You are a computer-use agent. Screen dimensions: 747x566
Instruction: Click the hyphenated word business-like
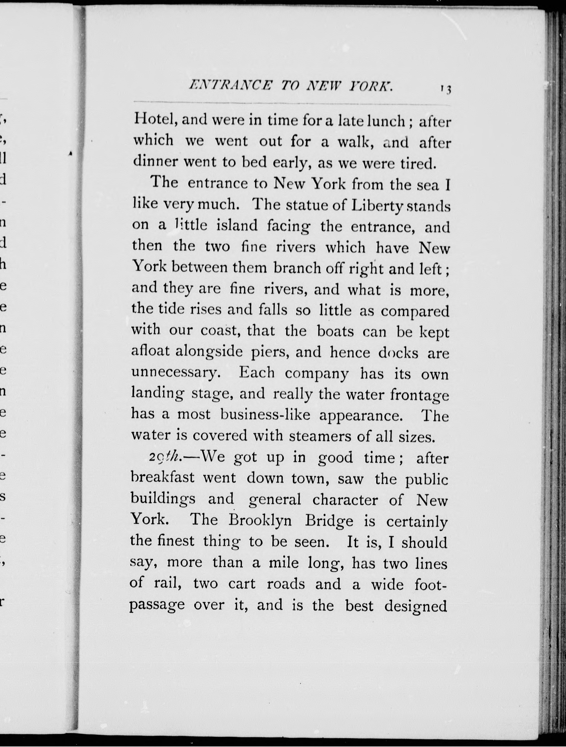[x=265, y=414]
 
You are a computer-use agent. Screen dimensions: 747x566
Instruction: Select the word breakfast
[x=162, y=478]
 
